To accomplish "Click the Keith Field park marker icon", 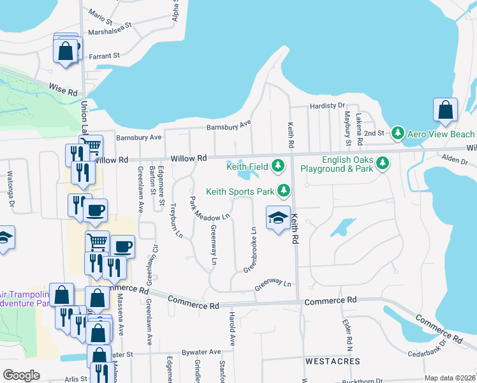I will [x=278, y=166].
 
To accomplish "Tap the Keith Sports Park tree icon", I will [x=284, y=191].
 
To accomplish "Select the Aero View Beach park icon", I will [x=399, y=133].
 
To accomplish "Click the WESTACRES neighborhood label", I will [x=328, y=361].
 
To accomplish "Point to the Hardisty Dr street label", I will [x=327, y=106].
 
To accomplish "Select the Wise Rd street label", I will [x=63, y=89].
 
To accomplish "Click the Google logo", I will [x=20, y=375].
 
